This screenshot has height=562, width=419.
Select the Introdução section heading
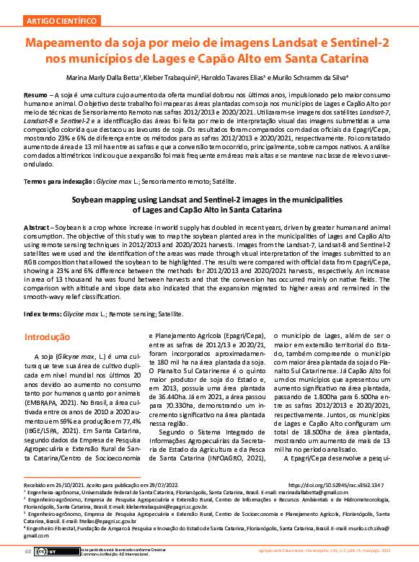click(x=47, y=336)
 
